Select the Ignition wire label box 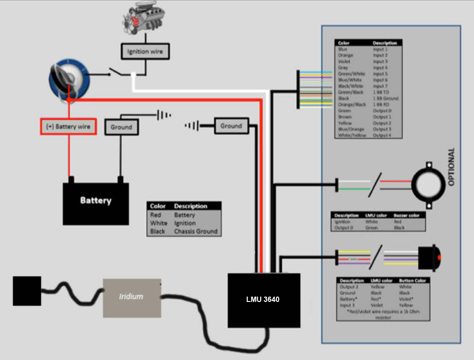pos(145,51)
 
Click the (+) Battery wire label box pos(68,127)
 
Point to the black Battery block pos(96,202)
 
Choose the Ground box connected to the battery pos(121,127)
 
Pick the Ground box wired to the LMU pos(231,126)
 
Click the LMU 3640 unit pos(263,300)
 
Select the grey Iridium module pos(132,297)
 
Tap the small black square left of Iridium pos(27,290)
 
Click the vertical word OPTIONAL pos(451,167)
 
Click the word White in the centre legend pos(159,223)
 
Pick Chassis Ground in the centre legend pos(195,231)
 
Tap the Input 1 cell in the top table pos(380,50)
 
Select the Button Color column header pos(412,281)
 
